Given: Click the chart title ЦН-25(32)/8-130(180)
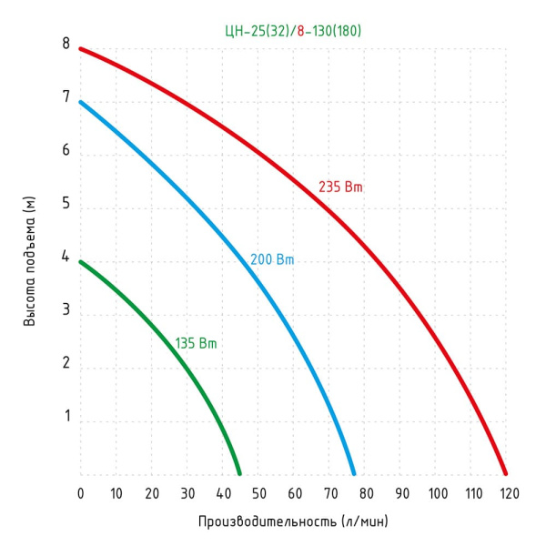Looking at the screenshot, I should pyautogui.click(x=294, y=31).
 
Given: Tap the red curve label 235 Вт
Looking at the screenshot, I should pyautogui.click(x=340, y=187).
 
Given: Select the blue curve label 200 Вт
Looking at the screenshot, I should pyautogui.click(x=272, y=259).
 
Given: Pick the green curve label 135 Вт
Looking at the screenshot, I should pyautogui.click(x=197, y=344).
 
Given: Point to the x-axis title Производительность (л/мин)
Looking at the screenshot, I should pyautogui.click(x=293, y=522).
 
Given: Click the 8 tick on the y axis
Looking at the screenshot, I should pyautogui.click(x=66, y=43).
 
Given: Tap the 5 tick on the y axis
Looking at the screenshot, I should pyautogui.click(x=66, y=204).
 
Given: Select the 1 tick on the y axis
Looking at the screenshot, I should pyautogui.click(x=66, y=417).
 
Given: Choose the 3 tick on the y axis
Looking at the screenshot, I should pyautogui.click(x=66, y=310).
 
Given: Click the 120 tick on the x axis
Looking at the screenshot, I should pyautogui.click(x=508, y=493).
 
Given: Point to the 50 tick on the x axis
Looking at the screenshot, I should pyautogui.click(x=259, y=493).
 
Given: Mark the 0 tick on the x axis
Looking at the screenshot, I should pyautogui.click(x=80, y=493).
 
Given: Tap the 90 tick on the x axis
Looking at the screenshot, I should pyautogui.click(x=402, y=493).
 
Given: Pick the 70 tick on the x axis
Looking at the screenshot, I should pyautogui.click(x=331, y=493).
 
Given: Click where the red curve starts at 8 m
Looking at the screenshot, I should pyautogui.click(x=81, y=48).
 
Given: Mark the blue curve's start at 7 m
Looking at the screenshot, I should pyautogui.click(x=81, y=102).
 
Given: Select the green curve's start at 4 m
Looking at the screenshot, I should pyautogui.click(x=81, y=262).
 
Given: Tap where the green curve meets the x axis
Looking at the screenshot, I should pyautogui.click(x=239, y=473).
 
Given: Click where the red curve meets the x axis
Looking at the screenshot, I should pyautogui.click(x=505, y=473).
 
